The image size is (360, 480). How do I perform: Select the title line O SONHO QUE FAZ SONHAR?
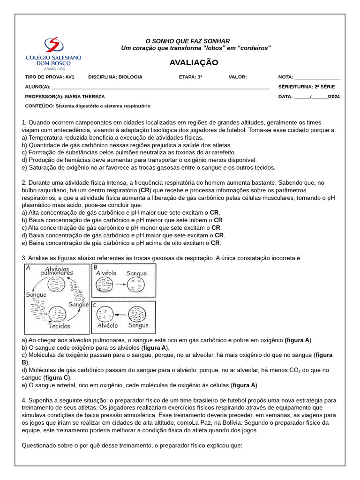pyautogui.click(x=187, y=41)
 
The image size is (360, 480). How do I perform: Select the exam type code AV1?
pyautogui.click(x=69, y=77)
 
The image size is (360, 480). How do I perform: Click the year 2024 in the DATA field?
pyautogui.click(x=335, y=97)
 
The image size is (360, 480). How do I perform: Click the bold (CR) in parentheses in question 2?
pyautogui.click(x=145, y=190)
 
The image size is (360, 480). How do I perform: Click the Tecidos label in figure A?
pyautogui.click(x=58, y=326)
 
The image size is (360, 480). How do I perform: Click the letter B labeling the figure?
pyautogui.click(x=95, y=267)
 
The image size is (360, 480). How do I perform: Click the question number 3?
pyautogui.click(x=24, y=258)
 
